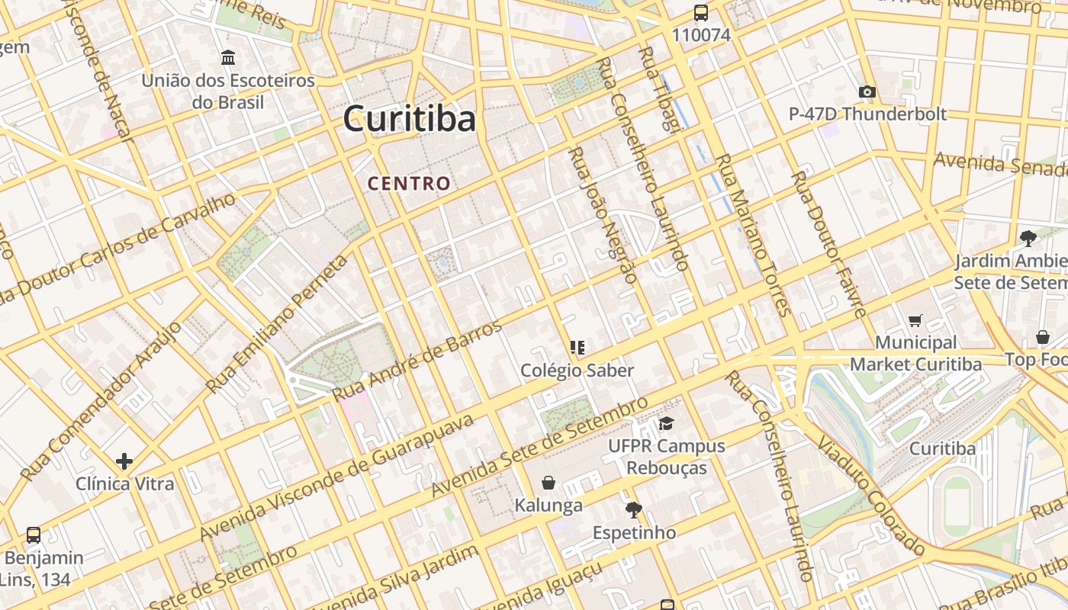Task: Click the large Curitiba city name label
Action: [x=409, y=119]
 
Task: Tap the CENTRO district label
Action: [x=409, y=184]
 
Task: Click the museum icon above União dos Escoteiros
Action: [x=227, y=57]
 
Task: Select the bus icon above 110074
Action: [x=700, y=13]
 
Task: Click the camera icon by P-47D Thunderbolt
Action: [x=867, y=92]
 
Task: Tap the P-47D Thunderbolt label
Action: [x=867, y=114]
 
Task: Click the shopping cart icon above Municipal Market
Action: [x=915, y=321]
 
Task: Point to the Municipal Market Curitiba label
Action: [x=915, y=353]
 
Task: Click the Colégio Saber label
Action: [x=577, y=371]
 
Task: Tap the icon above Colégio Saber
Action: [x=577, y=348]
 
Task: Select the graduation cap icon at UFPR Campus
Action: [x=667, y=423]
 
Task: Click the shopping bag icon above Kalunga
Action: [x=548, y=483]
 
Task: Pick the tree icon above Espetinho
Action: [x=633, y=509]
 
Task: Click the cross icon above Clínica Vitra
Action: [x=124, y=461]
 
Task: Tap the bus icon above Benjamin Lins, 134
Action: [x=33, y=535]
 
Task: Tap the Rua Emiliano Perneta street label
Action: [x=277, y=323]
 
